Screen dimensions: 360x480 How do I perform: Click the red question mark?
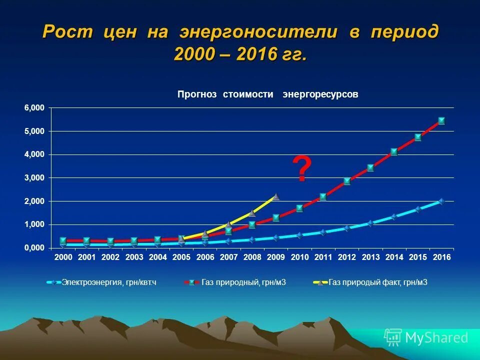point(301,169)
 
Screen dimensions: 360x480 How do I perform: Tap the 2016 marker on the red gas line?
point(441,120)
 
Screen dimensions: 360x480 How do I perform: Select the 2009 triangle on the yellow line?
point(276,197)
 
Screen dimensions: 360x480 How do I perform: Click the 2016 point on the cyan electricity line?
point(441,201)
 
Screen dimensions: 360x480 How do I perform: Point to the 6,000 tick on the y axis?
point(34,108)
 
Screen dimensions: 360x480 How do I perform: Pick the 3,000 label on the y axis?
point(34,178)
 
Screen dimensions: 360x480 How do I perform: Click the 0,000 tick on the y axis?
point(34,248)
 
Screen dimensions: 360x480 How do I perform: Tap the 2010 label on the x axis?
point(299,257)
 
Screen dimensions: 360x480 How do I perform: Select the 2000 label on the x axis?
point(63,257)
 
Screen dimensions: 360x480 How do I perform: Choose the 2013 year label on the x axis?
point(370,257)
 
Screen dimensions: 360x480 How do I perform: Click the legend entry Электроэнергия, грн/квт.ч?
point(109,282)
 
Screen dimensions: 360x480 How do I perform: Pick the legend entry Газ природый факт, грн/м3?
point(378,282)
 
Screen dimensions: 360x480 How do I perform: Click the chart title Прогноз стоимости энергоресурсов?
point(268,94)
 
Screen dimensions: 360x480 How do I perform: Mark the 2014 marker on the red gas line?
point(394,151)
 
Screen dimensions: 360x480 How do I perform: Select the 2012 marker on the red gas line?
point(347,181)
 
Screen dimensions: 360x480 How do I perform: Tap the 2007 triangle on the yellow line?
point(229,225)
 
